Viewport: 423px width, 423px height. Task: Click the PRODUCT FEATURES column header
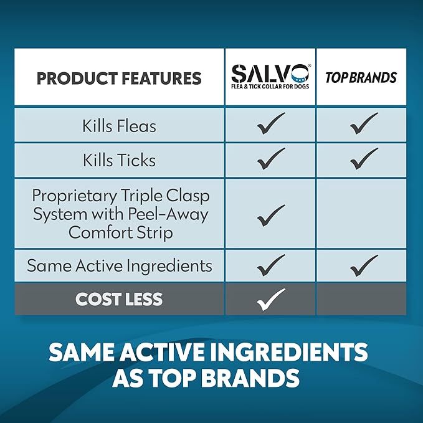pyautogui.click(x=119, y=78)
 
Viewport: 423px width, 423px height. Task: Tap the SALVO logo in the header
pyautogui.click(x=270, y=77)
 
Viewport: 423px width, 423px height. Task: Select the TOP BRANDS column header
pyautogui.click(x=361, y=77)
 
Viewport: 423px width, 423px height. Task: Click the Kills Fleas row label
pyautogui.click(x=119, y=126)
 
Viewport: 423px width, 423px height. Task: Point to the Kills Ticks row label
pyautogui.click(x=119, y=160)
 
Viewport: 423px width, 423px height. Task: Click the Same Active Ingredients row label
pyautogui.click(x=120, y=266)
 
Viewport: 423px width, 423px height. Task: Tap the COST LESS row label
pyautogui.click(x=119, y=299)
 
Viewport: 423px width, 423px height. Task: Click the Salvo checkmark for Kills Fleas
pyautogui.click(x=271, y=123)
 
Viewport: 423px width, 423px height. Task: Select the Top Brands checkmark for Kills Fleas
pyautogui.click(x=364, y=123)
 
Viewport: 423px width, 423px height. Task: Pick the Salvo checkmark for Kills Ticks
pyautogui.click(x=271, y=159)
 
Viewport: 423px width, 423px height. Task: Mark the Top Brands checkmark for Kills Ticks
pyautogui.click(x=364, y=159)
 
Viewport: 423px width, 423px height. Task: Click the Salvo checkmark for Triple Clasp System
pyautogui.click(x=271, y=216)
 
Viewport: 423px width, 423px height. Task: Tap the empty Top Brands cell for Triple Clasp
pyautogui.click(x=361, y=214)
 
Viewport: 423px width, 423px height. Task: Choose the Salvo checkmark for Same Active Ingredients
pyautogui.click(x=271, y=265)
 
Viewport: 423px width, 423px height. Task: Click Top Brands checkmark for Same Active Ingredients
pyautogui.click(x=364, y=265)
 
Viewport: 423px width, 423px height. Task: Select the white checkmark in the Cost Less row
pyautogui.click(x=271, y=300)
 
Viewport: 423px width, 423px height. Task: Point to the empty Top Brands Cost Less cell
pyautogui.click(x=361, y=298)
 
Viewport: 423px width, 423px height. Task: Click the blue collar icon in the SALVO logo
pyautogui.click(x=300, y=74)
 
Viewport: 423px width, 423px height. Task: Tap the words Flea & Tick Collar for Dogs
pyautogui.click(x=270, y=87)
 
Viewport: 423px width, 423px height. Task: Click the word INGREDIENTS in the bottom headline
pyautogui.click(x=288, y=353)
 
